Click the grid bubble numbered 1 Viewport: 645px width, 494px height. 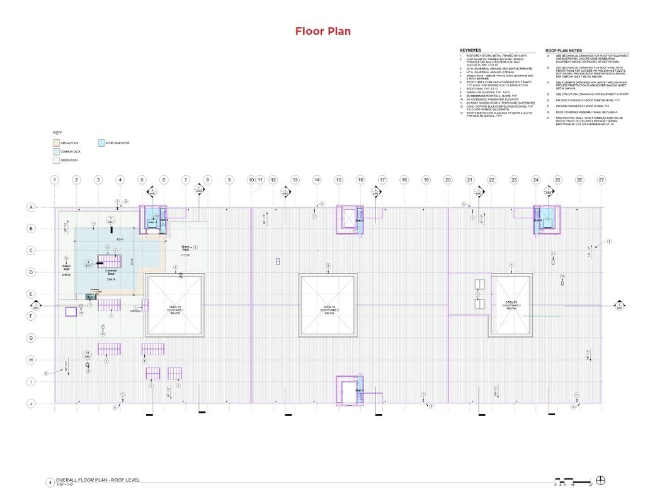point(55,180)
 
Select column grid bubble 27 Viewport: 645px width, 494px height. point(602,180)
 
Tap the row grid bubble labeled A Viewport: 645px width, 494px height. point(30,207)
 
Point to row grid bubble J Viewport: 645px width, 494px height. point(30,403)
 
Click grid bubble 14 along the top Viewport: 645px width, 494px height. point(317,180)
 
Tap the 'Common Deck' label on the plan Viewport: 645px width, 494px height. point(111,272)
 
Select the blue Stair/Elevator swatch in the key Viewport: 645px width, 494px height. point(102,143)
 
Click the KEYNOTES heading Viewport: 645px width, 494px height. point(470,50)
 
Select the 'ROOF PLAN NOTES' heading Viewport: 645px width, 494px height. point(563,50)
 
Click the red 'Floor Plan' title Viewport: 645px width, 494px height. point(322,32)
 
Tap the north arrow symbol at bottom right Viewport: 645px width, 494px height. point(600,480)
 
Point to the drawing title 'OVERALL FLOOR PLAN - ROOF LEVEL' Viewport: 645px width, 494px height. point(98,480)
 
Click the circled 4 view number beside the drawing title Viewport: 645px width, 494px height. point(50,483)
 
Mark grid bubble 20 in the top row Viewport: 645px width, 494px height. point(448,180)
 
